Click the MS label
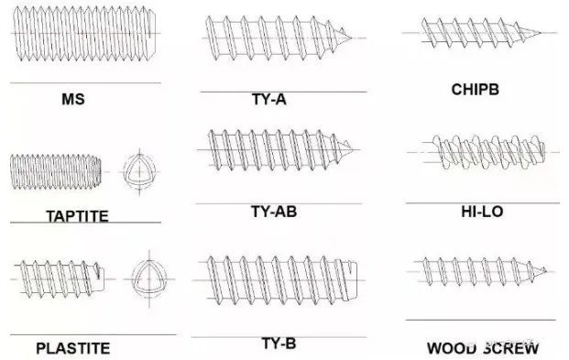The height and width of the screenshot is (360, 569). pos(73,99)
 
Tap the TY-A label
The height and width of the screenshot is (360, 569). pos(269,99)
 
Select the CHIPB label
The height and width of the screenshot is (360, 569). pos(475,90)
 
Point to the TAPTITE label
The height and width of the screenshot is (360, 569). pos(77,216)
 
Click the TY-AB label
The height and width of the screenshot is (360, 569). pos(274,212)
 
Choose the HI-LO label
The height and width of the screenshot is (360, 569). pos(482,212)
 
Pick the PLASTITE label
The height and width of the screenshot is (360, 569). pos(73,348)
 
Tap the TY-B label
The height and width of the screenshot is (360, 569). pos(279,344)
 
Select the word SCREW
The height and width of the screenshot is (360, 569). pos(511,348)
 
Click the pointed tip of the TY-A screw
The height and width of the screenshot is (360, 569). pos(351,38)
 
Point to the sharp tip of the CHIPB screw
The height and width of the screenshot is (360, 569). pos(541,33)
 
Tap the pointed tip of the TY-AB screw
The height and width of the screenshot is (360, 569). pos(354,149)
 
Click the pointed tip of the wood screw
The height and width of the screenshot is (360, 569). pos(546,270)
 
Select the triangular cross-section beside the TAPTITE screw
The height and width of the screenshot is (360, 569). pos(139,171)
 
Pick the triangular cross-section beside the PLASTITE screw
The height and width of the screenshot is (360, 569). pos(149,278)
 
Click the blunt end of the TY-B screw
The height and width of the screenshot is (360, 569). pos(356,280)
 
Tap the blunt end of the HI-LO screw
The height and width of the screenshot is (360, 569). pos(543,152)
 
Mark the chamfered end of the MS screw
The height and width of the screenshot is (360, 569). pos(153,33)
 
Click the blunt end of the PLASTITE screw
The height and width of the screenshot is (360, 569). pos(103,279)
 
